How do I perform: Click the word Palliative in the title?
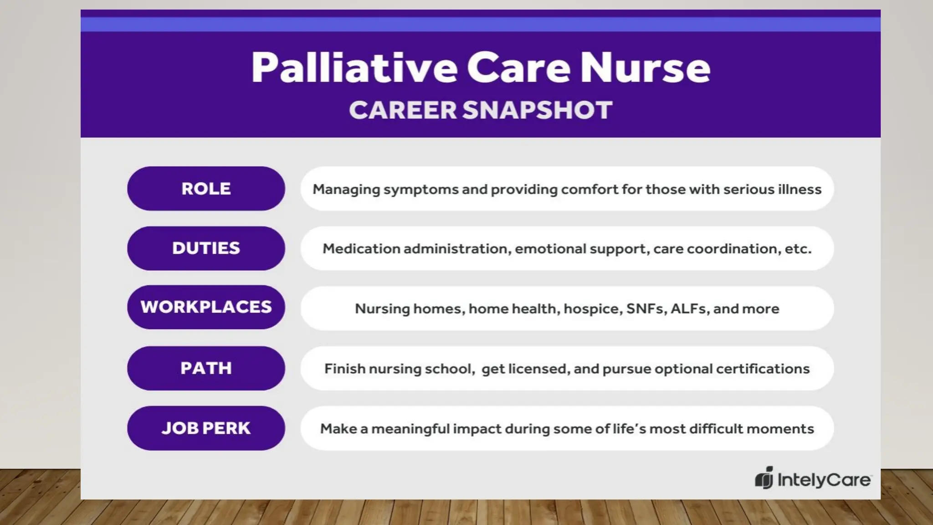(x=354, y=67)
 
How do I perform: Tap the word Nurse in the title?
(x=645, y=67)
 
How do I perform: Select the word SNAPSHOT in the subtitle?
(x=537, y=110)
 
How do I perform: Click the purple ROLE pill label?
(x=206, y=189)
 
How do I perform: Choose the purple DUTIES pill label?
(x=206, y=248)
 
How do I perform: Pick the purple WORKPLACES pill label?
(x=206, y=307)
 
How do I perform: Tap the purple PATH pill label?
(x=206, y=368)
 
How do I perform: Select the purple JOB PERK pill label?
(x=206, y=428)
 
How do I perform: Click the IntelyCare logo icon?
(x=764, y=478)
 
